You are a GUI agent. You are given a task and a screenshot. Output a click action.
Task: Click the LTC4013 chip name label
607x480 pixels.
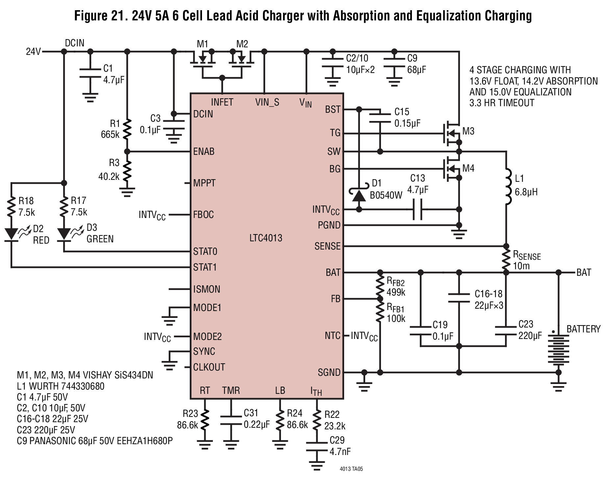pos(266,238)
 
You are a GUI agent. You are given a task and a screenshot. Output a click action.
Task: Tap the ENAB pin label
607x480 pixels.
pos(204,152)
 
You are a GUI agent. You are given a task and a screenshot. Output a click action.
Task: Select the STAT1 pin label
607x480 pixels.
pos(205,267)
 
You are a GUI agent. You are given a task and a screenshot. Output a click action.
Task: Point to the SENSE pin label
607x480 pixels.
pos(327,246)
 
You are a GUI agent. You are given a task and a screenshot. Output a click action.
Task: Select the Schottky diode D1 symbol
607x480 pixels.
pos(359,195)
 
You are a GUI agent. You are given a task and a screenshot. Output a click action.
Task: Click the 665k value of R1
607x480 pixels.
pos(110,134)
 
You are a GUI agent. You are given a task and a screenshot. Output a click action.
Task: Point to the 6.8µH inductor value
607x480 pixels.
pos(526,192)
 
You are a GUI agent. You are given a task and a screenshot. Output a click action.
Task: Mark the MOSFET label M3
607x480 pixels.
pos(468,132)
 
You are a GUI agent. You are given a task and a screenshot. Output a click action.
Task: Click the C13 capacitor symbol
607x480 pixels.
pos(417,209)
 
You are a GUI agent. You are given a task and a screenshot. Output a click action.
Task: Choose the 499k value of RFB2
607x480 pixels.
pos(396,292)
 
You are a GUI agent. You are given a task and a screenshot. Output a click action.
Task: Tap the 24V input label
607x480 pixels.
pos(33,52)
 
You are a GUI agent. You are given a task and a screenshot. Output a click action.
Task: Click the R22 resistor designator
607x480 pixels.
pos(332,415)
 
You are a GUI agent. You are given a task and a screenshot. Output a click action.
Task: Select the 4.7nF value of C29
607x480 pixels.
pos(340,451)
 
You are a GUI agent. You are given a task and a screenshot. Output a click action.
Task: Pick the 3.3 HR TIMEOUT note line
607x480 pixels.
pos(502,103)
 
